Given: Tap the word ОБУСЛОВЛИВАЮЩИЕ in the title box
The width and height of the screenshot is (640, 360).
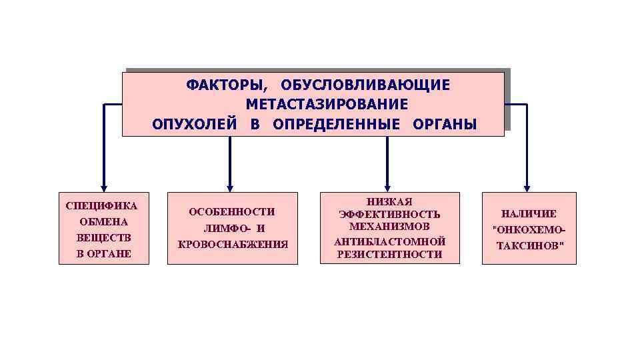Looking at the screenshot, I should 365,85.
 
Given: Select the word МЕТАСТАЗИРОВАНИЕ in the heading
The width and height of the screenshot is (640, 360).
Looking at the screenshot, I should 327,105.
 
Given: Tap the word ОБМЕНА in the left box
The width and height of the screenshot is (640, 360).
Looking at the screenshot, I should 103,221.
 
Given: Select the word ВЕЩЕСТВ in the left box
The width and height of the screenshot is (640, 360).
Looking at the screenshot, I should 104,237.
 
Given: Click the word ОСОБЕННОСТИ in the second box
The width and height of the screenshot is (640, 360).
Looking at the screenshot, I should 232,212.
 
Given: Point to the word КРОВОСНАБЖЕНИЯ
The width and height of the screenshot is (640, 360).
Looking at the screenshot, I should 233,244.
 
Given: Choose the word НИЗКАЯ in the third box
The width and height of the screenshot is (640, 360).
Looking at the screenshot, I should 390,201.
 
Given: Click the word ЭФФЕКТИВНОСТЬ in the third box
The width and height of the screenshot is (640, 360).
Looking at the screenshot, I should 390,214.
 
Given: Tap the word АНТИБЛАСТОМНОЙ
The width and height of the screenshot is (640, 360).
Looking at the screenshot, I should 390,241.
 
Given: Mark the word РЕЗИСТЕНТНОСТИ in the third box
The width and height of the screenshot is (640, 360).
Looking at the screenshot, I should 390,254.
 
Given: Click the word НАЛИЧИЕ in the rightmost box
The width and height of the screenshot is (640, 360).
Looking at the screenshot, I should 529,214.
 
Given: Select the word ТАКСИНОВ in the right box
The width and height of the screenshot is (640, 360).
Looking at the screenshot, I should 529,245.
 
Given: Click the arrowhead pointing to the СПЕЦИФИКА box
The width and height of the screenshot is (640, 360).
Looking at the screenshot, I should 103,188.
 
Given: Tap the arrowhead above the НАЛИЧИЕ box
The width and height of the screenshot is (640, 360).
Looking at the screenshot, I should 527,188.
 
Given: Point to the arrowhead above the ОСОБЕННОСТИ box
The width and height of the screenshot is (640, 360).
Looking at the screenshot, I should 230,188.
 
